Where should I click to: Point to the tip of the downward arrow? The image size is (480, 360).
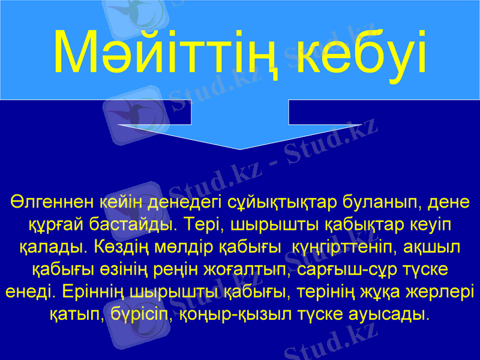coord(240,148)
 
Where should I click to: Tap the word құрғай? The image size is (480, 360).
coord(53,225)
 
